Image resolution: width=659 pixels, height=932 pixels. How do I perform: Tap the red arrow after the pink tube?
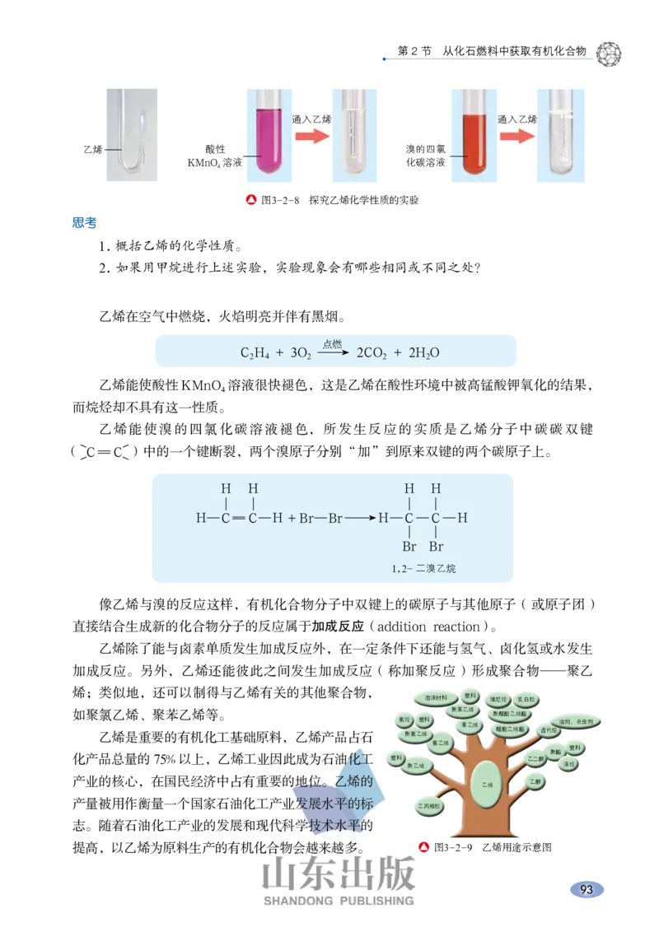[x=311, y=136]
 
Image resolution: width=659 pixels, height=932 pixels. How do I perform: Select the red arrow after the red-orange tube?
[x=516, y=136]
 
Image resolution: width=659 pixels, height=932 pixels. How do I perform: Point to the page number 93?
[x=587, y=889]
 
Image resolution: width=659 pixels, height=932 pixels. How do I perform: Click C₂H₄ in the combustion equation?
[x=255, y=353]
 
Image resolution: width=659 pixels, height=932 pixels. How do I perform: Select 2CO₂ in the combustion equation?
[x=373, y=353]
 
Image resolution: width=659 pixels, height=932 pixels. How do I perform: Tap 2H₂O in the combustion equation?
[x=423, y=353]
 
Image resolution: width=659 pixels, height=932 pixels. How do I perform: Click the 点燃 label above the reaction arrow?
[x=332, y=343]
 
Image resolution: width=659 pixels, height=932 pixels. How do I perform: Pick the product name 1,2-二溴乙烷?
[x=424, y=568]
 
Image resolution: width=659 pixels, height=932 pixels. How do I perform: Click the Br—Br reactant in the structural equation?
[x=320, y=519]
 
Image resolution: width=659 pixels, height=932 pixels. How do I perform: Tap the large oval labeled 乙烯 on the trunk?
[x=486, y=785]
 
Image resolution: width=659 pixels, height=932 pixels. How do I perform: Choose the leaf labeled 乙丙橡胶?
[x=429, y=806]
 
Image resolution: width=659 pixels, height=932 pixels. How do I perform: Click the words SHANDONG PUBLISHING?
[x=339, y=902]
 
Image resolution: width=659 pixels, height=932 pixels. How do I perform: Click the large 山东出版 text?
[x=339, y=874]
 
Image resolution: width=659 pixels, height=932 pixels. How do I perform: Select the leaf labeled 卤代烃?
[x=548, y=729]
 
